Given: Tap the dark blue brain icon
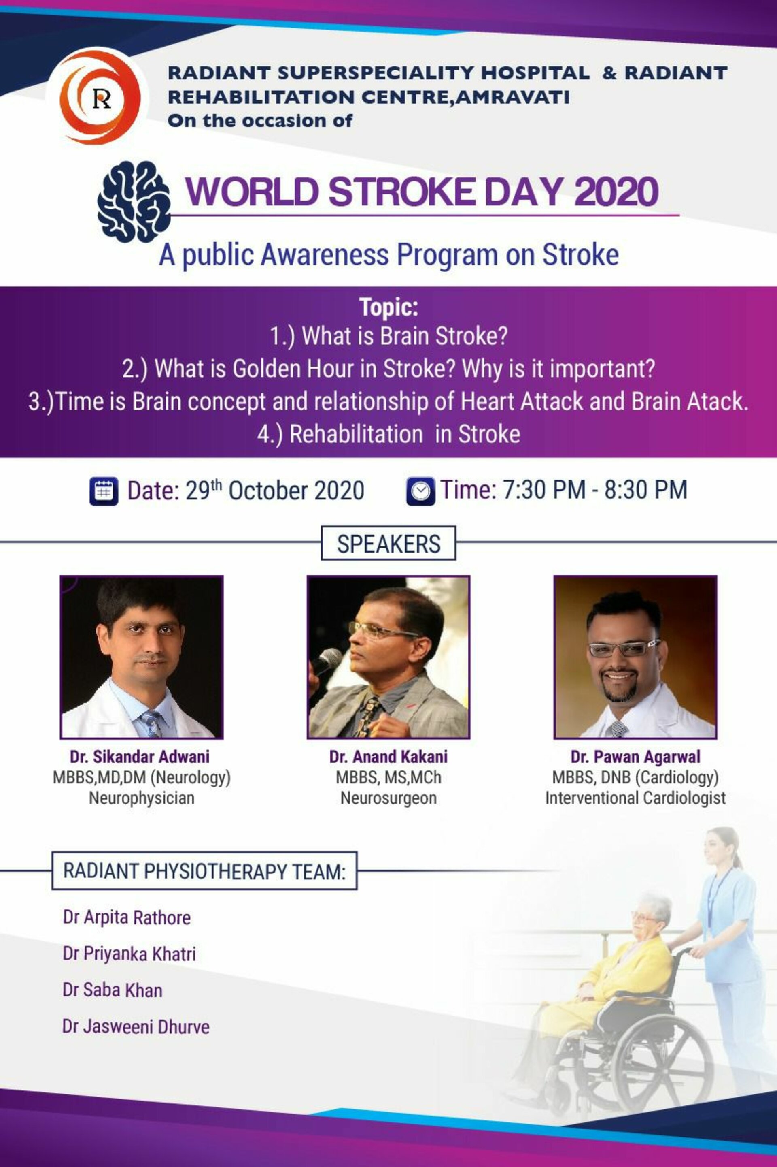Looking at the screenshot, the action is tap(134, 201).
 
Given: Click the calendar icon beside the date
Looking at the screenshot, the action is tap(104, 491).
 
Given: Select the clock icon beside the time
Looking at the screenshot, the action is tap(421, 491).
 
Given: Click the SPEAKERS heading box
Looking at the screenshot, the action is tap(388, 543).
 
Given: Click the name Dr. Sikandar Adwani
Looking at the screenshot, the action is tap(140, 756).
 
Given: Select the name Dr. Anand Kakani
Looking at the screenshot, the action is tap(388, 756).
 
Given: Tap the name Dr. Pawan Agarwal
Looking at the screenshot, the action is tap(635, 757).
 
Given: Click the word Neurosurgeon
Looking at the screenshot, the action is tap(388, 798).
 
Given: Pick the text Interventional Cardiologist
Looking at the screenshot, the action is tap(635, 798).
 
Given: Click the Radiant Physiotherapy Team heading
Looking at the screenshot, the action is tap(204, 871).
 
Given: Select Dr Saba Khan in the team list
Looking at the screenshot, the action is tap(113, 990).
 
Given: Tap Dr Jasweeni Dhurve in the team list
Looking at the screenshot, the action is tap(136, 1026).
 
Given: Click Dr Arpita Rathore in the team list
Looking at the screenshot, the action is tap(127, 917).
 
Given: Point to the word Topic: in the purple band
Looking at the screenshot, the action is tap(388, 307).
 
